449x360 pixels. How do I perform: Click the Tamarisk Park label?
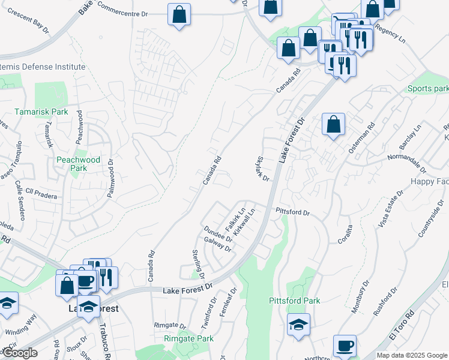(x=41, y=112)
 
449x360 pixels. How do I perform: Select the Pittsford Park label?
(x=294, y=301)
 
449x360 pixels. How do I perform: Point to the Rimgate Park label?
(x=188, y=339)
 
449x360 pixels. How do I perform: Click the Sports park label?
(x=427, y=89)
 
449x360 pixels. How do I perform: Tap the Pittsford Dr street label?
(x=292, y=212)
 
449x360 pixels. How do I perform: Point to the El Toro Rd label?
(x=401, y=325)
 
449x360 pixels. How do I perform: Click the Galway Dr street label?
(x=217, y=245)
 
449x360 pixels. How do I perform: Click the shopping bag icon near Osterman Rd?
(x=333, y=124)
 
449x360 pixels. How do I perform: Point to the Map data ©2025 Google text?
(x=411, y=355)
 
